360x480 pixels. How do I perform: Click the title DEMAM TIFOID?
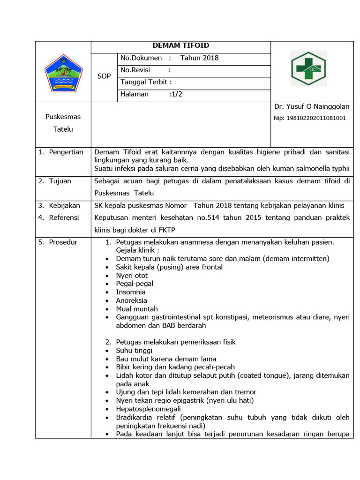[181, 45]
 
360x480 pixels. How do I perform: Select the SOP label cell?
[104, 76]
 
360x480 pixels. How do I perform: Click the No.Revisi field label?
[136, 70]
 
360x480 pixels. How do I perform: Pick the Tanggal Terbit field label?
[144, 82]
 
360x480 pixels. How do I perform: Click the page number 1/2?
[176, 94]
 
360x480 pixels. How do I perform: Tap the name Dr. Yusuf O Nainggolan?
[312, 107]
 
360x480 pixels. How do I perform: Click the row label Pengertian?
[66, 152]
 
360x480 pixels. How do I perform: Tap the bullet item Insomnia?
[131, 292]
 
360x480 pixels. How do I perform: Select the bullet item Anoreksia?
[131, 300]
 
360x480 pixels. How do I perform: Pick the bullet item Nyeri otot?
[132, 275]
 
